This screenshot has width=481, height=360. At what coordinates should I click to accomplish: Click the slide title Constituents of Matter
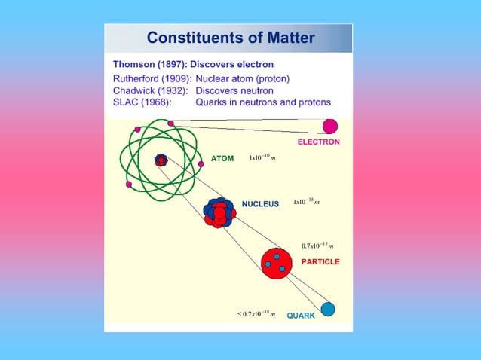[231, 38]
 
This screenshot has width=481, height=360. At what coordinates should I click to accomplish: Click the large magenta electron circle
[330, 126]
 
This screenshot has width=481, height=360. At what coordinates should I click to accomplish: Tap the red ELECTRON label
[318, 142]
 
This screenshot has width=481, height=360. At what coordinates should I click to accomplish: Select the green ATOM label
[222, 159]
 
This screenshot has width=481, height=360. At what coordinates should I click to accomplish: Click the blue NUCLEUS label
[260, 203]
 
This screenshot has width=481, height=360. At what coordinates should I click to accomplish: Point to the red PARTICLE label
[320, 261]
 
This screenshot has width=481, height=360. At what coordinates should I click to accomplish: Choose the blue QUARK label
[301, 316]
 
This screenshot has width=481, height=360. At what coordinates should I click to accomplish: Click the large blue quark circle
[328, 309]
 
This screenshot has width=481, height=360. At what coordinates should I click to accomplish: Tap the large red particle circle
[276, 261]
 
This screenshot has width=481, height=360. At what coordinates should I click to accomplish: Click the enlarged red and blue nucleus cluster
[219, 213]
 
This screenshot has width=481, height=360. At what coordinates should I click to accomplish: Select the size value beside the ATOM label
[262, 158]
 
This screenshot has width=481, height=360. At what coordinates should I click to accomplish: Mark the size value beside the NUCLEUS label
[307, 202]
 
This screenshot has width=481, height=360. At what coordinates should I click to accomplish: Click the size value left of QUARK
[256, 314]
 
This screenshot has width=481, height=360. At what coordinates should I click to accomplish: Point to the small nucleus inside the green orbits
[161, 160]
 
